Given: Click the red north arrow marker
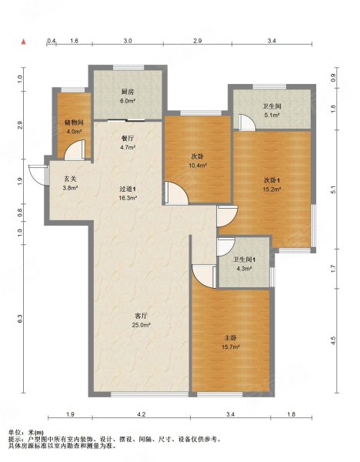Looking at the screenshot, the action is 24,42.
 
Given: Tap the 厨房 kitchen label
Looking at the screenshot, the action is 128,92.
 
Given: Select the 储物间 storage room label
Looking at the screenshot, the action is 74,122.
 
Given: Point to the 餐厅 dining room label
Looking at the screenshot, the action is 128,138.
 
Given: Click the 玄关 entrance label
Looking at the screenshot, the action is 70,179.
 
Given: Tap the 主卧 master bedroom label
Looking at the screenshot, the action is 230,338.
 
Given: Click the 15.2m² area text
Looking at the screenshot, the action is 272,189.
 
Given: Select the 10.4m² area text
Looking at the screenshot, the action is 197,166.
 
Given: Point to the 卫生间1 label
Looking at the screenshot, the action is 245,259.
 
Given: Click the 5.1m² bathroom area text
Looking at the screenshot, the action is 272,115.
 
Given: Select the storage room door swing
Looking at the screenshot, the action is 75,150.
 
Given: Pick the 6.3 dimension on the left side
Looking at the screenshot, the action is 20,319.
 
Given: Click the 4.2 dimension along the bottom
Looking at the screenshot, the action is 142,414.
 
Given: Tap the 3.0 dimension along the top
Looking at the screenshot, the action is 128,41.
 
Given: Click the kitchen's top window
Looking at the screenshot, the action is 128,68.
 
